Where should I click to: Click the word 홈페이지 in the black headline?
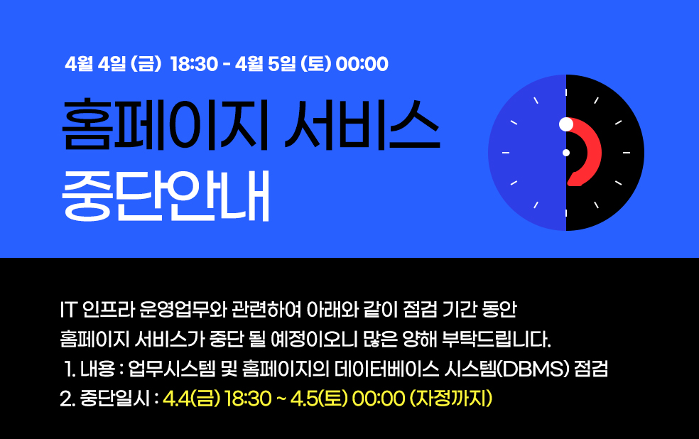(x=165, y=125)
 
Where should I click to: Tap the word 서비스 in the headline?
(x=362, y=125)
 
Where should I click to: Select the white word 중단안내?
(x=166, y=195)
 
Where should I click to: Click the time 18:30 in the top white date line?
(x=194, y=64)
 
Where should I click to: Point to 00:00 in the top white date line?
(x=362, y=64)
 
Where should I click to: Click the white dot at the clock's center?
(x=566, y=153)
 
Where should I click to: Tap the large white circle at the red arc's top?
(x=566, y=124)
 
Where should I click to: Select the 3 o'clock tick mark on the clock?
(x=627, y=153)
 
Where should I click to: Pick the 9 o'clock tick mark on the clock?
(x=506, y=153)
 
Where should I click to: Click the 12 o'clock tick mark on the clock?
(x=566, y=92)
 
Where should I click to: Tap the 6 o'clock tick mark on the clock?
(x=566, y=213)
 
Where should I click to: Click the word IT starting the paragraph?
(x=68, y=310)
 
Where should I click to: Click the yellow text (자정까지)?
(x=451, y=399)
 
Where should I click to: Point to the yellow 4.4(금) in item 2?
(x=192, y=399)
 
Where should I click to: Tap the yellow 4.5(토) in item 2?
(x=319, y=399)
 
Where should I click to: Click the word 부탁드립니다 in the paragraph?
(x=496, y=340)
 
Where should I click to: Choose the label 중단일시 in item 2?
(x=115, y=399)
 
